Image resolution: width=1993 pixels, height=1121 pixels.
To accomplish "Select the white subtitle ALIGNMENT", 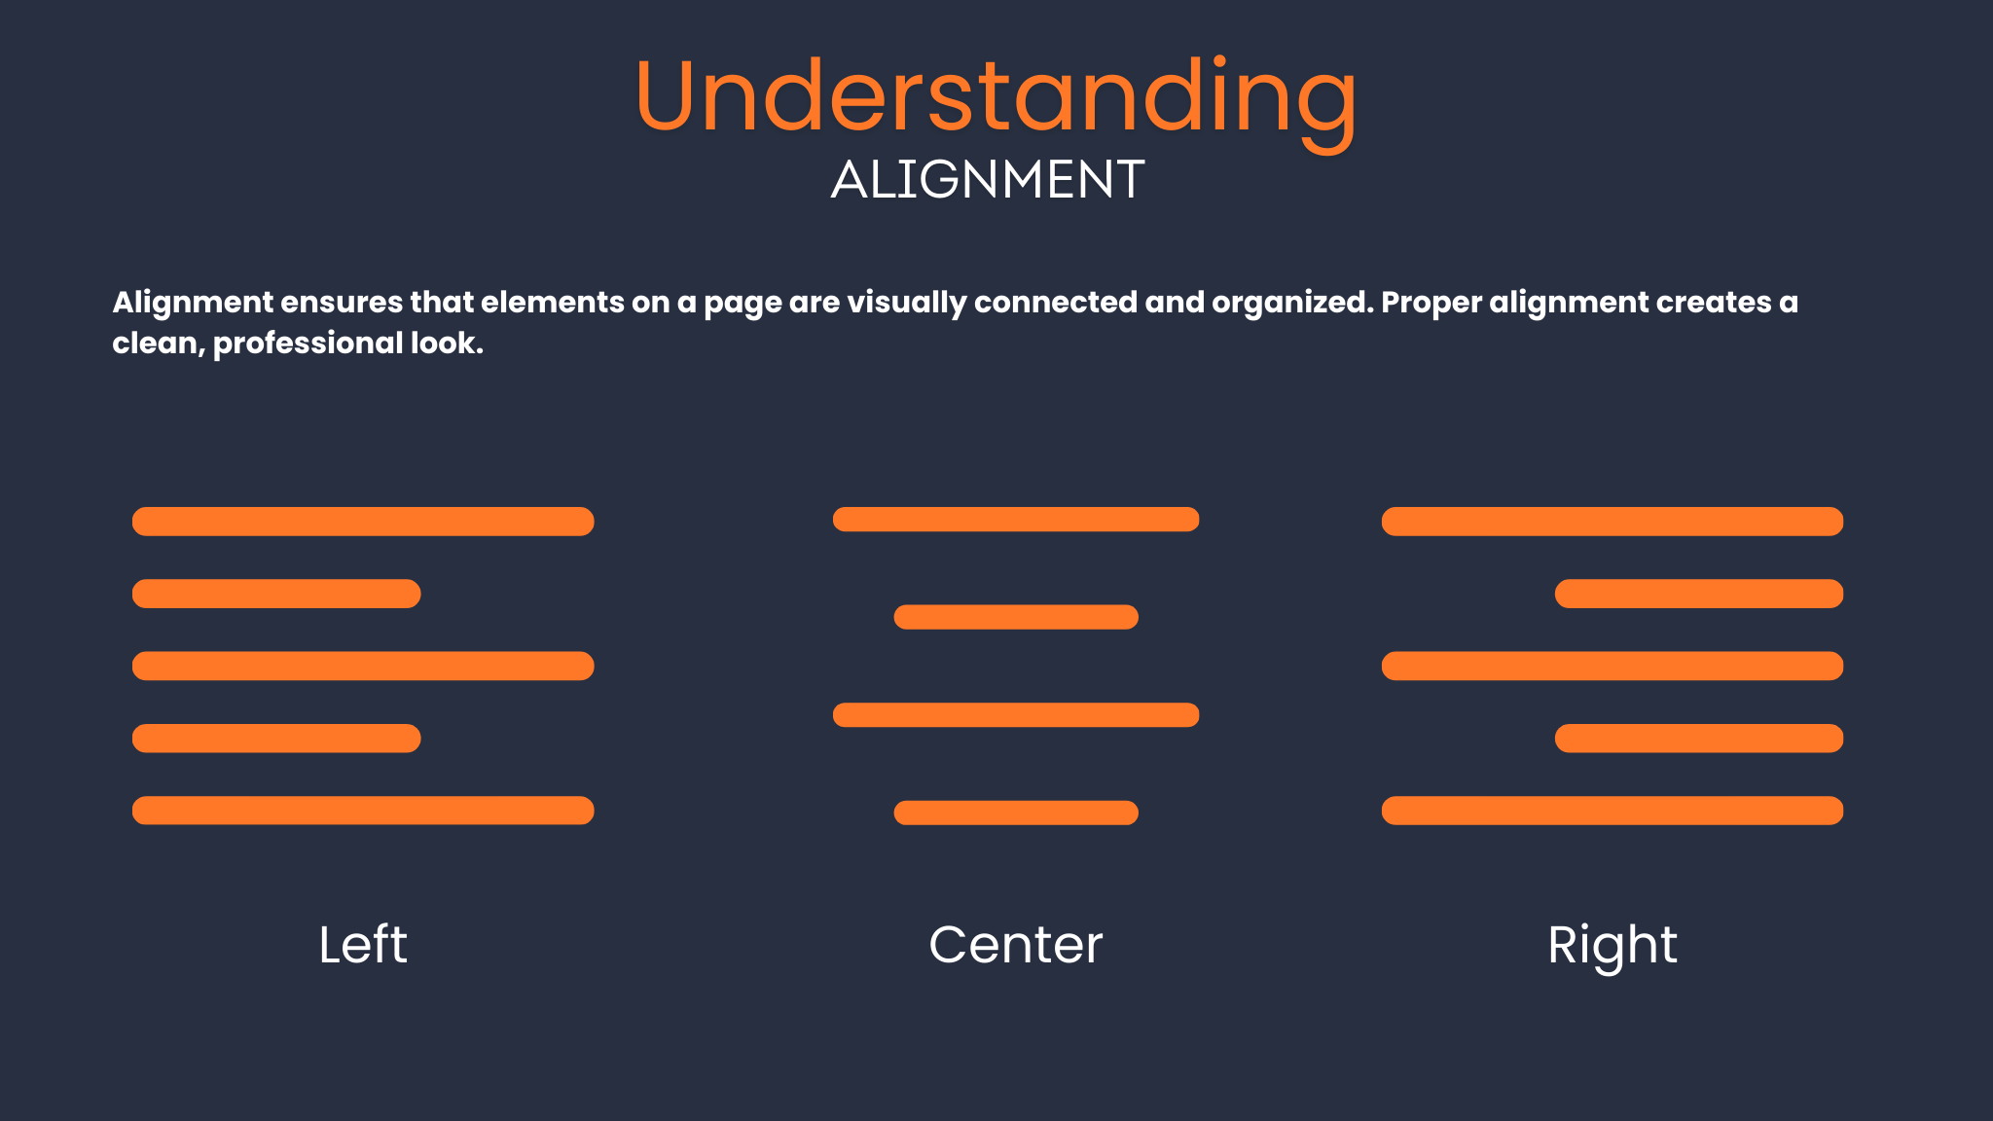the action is (988, 180).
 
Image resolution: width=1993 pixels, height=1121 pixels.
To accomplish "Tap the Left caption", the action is (363, 944).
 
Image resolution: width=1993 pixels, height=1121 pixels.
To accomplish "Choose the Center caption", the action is (1016, 945).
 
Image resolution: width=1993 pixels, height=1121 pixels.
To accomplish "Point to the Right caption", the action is (1613, 946).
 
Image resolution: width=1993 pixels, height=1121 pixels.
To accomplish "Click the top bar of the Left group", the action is (363, 522).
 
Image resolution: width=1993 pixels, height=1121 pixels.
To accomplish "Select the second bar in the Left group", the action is (276, 594).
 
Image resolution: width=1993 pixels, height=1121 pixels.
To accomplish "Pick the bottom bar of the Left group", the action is (363, 811).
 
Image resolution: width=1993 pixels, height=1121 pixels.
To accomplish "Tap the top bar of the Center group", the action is (1016, 520).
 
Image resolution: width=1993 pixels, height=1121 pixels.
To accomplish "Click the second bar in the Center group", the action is (1016, 617).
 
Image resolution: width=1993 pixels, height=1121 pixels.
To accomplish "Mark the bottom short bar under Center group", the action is (1016, 813).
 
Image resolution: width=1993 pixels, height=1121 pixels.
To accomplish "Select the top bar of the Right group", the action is (1613, 522).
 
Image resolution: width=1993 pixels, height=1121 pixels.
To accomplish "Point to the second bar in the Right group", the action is (1699, 594).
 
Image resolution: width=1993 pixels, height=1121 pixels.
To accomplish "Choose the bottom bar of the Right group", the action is (1613, 811).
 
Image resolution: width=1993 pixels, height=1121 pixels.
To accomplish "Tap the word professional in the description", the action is (308, 344).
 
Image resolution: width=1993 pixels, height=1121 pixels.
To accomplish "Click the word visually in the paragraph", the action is (907, 304).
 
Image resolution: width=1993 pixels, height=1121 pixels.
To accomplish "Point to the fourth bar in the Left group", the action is (276, 739).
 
